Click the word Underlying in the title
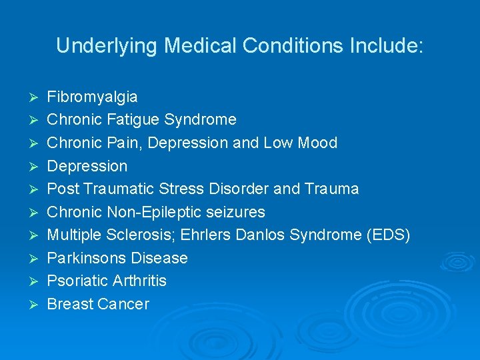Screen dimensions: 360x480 [x=107, y=46]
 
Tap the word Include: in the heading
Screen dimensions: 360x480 [x=385, y=46]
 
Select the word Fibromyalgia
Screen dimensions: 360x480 [x=92, y=97]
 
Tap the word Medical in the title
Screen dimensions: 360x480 [x=201, y=46]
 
